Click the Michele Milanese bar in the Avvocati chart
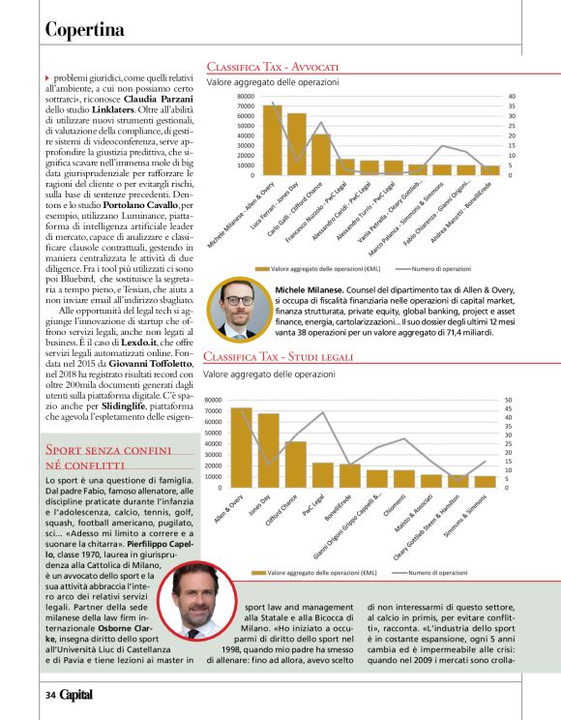point(271,140)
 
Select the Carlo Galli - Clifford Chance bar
point(320,155)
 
